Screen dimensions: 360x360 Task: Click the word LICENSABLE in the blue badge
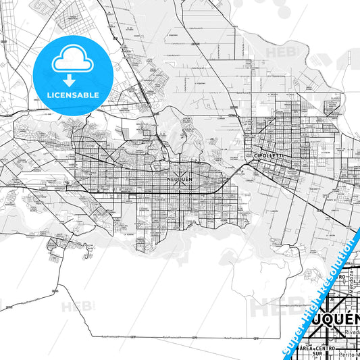71,95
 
